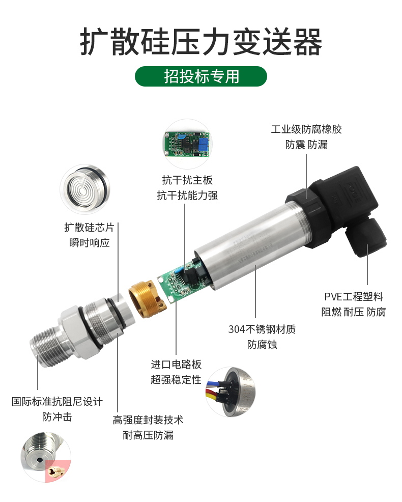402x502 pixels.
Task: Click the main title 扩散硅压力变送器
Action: click(x=201, y=42)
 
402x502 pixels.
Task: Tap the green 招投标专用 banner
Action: click(x=201, y=76)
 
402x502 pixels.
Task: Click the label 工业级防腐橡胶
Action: click(x=306, y=129)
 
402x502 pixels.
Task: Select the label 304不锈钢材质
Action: click(x=262, y=329)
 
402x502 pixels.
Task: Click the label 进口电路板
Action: click(x=176, y=365)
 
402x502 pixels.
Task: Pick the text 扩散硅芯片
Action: click(x=89, y=227)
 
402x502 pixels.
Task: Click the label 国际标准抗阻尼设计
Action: click(x=57, y=402)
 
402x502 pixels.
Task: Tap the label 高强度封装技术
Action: click(x=148, y=420)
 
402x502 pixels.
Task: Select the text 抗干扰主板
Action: click(x=187, y=180)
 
